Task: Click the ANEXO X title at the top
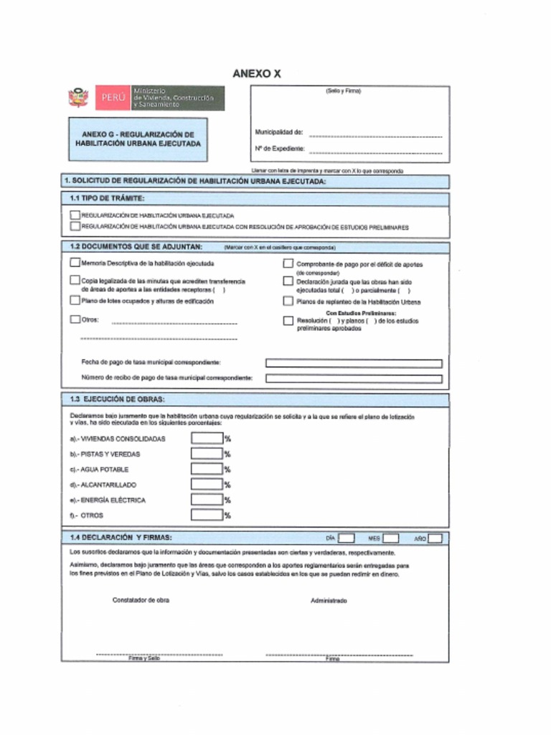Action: [x=256, y=74]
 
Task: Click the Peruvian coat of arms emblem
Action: [x=78, y=98]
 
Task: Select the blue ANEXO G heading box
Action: [x=138, y=139]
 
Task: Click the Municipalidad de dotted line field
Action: [x=375, y=135]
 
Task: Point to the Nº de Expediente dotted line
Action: [x=375, y=151]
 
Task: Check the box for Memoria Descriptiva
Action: [x=75, y=263]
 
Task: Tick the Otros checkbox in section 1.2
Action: [x=75, y=319]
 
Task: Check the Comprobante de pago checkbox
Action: [x=288, y=263]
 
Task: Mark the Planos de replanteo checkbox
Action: [x=288, y=301]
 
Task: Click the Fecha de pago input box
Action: [x=353, y=363]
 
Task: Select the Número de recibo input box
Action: [x=353, y=378]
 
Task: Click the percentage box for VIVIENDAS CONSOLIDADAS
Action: [x=207, y=439]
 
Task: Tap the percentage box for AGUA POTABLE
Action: [x=207, y=469]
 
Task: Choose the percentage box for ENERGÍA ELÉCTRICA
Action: [x=207, y=500]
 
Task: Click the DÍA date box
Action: [x=346, y=538]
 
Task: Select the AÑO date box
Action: [x=434, y=538]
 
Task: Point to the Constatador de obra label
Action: [x=141, y=600]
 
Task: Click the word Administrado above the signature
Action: [x=329, y=600]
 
